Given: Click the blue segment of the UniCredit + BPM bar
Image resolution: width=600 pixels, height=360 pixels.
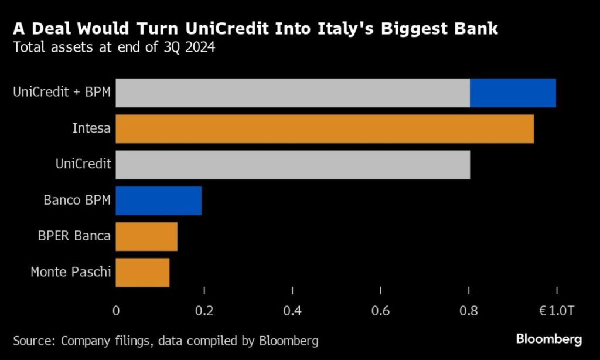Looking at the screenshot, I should click(513, 93).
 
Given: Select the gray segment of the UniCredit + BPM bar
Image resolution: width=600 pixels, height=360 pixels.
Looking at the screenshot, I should click(292, 93).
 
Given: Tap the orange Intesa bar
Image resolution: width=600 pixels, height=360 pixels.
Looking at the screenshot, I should click(325, 129).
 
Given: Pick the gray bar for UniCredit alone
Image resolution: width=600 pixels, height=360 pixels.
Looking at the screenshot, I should click(292, 165).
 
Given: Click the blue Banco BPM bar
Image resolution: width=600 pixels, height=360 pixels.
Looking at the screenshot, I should click(159, 201).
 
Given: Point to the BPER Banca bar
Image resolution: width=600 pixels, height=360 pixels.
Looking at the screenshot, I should click(146, 236).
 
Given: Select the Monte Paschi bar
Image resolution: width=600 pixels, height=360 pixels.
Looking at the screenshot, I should click(142, 273).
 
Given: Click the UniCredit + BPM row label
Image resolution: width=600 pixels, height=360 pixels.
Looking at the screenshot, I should click(62, 92).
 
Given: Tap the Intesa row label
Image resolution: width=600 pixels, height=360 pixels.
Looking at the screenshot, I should click(91, 128).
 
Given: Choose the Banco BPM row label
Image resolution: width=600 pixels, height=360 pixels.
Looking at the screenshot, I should click(77, 201).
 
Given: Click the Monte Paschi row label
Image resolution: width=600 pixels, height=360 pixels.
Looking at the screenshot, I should click(70, 273).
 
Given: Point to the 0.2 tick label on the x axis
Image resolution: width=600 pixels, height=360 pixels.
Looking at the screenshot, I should click(204, 311).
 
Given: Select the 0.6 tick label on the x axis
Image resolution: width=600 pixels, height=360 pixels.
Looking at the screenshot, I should click(381, 311).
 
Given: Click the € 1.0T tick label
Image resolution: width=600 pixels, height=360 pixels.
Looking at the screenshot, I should click(557, 311).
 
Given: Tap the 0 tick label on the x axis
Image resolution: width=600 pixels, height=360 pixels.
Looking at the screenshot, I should click(116, 311).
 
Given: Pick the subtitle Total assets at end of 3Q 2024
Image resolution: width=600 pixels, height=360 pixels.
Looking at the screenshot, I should click(114, 48).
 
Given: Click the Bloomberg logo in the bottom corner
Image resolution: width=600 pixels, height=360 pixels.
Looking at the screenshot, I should click(549, 339).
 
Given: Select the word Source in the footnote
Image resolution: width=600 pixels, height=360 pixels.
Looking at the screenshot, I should click(32, 340).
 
